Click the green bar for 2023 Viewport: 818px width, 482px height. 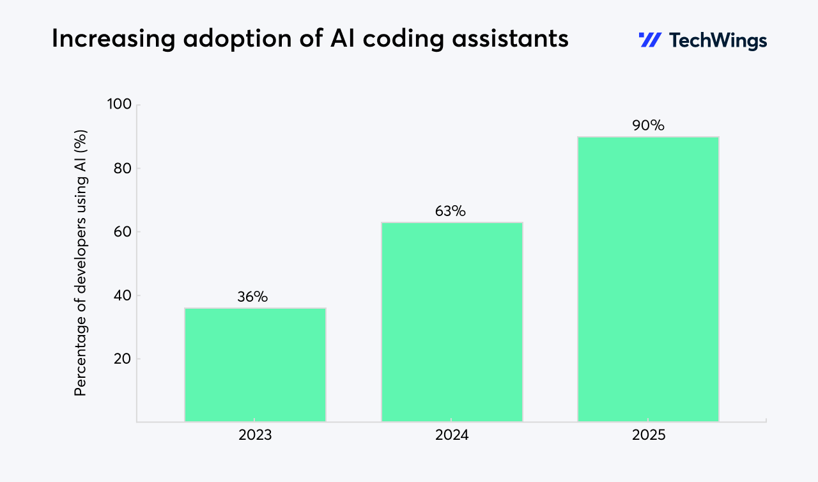(255, 364)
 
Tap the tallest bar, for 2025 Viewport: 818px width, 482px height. (648, 279)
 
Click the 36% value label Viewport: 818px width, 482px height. (252, 297)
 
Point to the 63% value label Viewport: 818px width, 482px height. (451, 211)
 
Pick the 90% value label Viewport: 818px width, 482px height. (648, 125)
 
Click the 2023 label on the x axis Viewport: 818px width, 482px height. (255, 436)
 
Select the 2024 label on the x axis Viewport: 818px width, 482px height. (452, 436)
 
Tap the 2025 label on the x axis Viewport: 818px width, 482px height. (649, 436)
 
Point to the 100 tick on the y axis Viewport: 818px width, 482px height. (118, 105)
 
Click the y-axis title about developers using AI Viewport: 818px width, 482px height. (81, 263)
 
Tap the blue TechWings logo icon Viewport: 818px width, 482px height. (650, 40)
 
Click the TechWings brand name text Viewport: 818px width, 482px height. (718, 41)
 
